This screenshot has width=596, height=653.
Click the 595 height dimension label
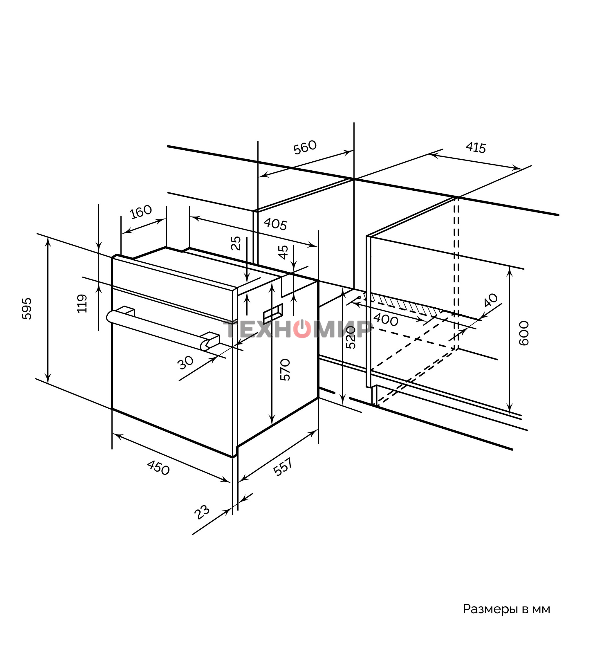point(27,309)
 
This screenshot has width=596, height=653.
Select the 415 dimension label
point(476,148)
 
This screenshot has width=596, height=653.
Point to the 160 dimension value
point(140,212)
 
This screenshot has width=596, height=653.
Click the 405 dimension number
point(275,224)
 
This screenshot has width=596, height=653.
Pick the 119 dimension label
point(82,304)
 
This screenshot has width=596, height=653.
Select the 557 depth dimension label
point(283,467)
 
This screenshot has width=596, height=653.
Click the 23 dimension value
point(202,512)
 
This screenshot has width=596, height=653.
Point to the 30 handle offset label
point(186,362)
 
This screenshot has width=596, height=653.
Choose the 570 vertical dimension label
point(285,369)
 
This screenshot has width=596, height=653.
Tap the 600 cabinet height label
point(524,333)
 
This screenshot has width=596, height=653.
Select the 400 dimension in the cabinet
point(385,320)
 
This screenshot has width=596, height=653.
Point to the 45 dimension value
point(283,252)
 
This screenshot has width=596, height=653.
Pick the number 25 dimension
point(236,243)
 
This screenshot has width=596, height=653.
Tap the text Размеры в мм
point(506,609)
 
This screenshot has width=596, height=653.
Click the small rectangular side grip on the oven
point(273,313)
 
